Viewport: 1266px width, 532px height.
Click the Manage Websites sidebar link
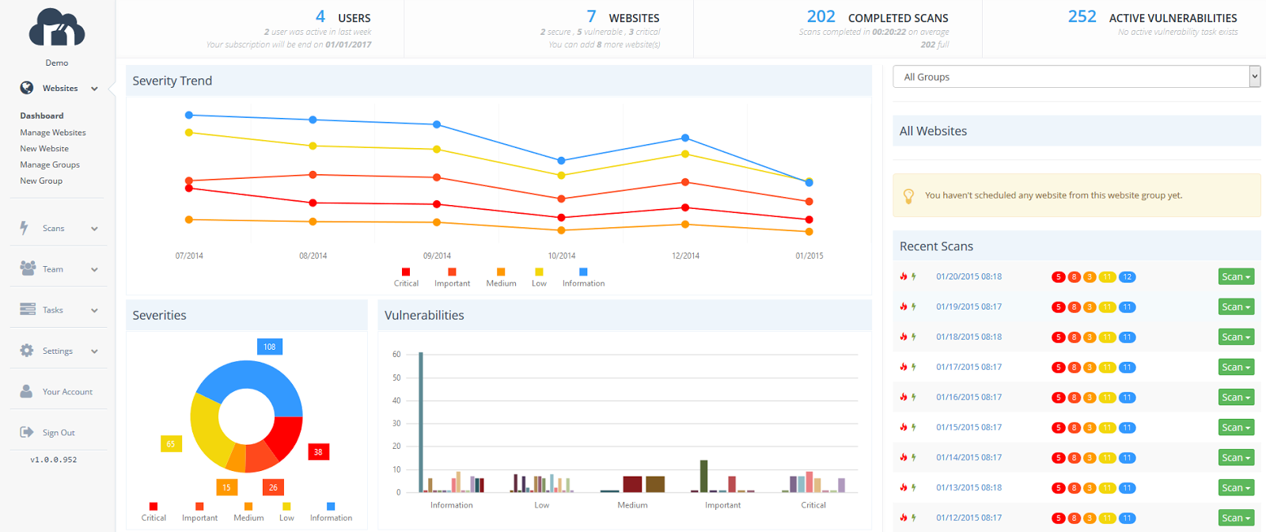coord(53,132)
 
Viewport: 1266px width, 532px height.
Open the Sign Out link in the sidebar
coord(58,432)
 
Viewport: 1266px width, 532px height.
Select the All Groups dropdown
coord(1075,77)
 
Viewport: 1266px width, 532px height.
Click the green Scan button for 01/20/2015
coord(1236,277)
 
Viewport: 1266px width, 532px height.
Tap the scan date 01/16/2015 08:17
coord(968,397)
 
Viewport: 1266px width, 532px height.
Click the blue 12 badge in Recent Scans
coord(1128,277)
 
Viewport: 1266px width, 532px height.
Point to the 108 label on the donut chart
coord(270,347)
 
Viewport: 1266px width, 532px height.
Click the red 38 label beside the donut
coord(318,452)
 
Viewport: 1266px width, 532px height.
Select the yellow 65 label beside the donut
coord(171,444)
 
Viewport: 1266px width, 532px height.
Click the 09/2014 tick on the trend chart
coord(437,256)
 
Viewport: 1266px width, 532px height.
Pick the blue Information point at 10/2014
coord(561,161)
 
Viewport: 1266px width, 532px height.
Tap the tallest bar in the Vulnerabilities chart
coord(421,422)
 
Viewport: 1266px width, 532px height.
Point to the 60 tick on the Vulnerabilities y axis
coord(396,354)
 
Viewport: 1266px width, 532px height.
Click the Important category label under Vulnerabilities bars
coord(722,505)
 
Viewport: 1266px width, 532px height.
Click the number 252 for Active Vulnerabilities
coord(1082,17)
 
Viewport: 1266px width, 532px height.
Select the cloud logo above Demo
coord(57,28)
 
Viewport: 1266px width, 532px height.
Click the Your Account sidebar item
coord(67,392)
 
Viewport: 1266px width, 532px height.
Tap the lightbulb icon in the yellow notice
coord(908,196)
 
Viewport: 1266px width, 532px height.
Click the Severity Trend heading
coord(172,81)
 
